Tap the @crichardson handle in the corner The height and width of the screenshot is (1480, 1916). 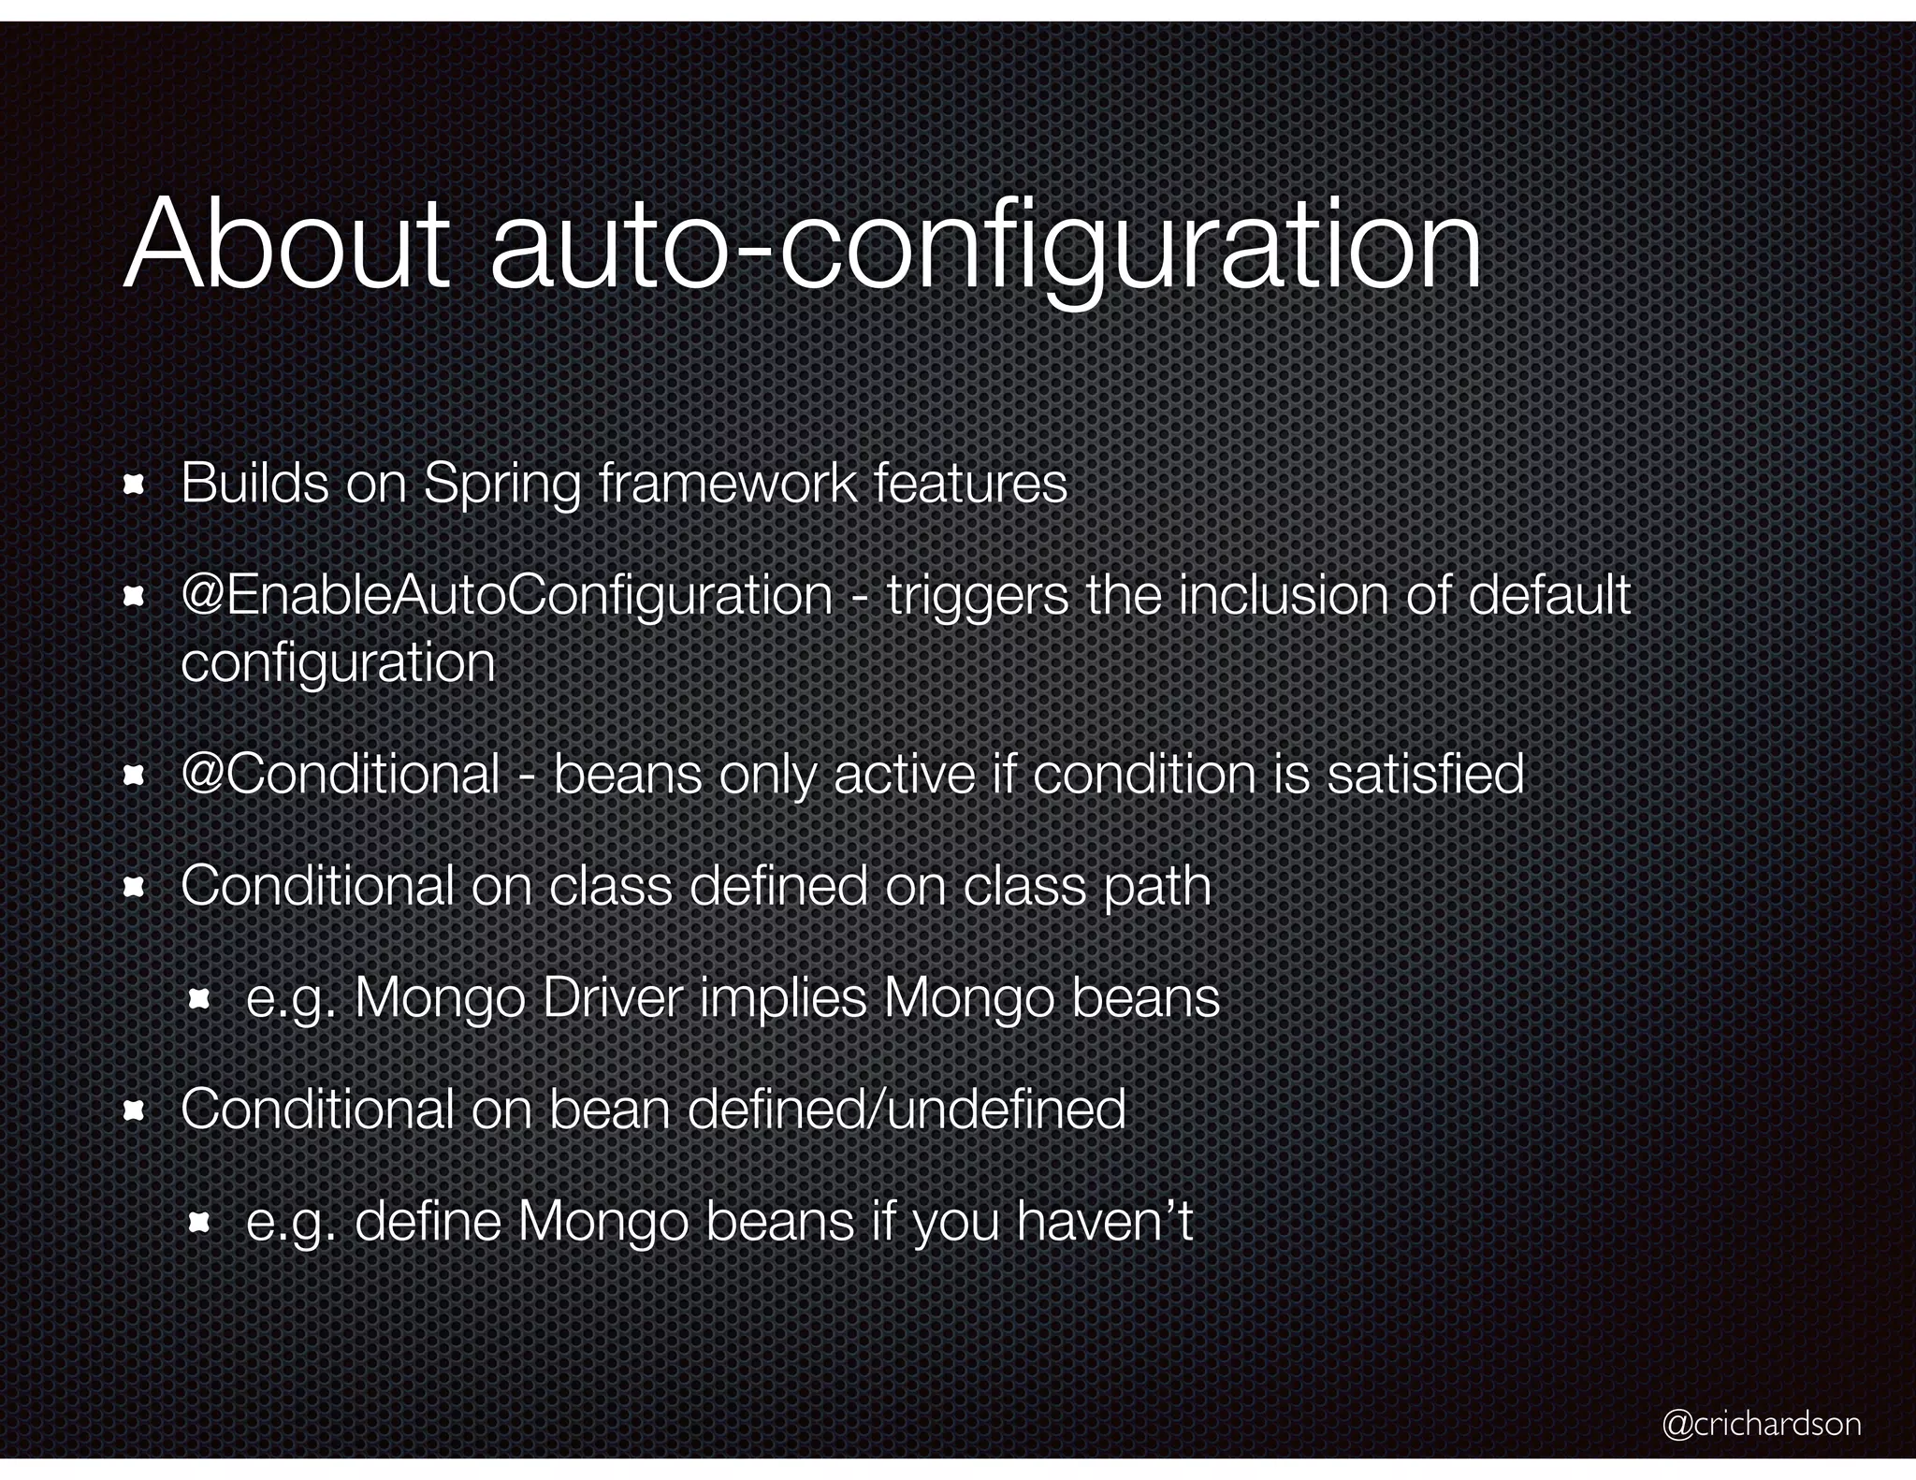click(x=1761, y=1423)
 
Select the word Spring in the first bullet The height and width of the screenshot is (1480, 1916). click(x=501, y=486)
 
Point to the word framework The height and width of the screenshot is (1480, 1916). click(x=727, y=484)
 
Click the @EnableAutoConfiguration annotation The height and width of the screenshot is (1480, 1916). click(x=506, y=596)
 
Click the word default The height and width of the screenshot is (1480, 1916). click(x=1549, y=595)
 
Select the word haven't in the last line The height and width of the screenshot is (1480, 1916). click(x=1105, y=1222)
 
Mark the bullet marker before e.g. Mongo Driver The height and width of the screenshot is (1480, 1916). click(x=198, y=1000)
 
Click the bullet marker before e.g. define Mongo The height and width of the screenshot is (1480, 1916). click(x=198, y=1223)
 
